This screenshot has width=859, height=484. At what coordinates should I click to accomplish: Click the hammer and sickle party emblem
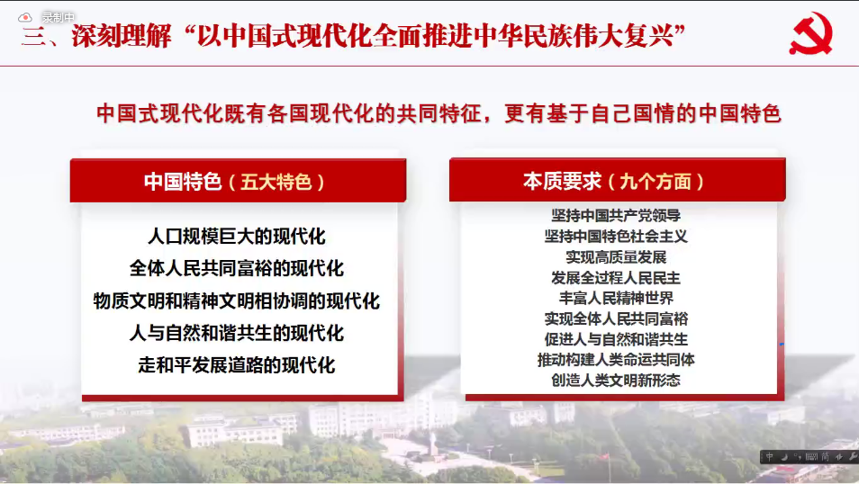point(810,34)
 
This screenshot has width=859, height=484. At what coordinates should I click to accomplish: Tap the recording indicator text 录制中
point(58,17)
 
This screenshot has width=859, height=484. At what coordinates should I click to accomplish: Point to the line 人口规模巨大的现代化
point(237,237)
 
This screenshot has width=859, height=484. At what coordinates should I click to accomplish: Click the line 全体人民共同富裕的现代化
point(237,268)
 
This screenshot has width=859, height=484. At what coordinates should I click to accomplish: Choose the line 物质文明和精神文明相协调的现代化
point(237,300)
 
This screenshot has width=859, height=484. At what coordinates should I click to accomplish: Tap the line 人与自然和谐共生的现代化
point(237,333)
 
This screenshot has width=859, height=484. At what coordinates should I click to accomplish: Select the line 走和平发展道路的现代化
point(237,365)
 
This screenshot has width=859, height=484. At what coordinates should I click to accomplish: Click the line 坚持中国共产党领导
point(616,215)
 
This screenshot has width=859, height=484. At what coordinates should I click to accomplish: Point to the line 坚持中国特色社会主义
point(616,236)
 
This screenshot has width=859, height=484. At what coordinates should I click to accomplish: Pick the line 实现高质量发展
point(616,256)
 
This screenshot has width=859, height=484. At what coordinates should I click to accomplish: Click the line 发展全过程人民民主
point(616,278)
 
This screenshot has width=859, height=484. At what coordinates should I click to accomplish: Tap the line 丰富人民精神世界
point(616,298)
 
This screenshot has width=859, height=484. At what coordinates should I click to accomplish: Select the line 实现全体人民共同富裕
point(616,318)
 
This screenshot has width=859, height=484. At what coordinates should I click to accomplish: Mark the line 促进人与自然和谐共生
point(616,339)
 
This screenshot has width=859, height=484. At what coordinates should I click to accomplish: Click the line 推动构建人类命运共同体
point(616,360)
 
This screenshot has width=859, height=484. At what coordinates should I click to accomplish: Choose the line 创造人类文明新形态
point(616,380)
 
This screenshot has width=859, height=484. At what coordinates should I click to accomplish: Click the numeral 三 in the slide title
point(33,37)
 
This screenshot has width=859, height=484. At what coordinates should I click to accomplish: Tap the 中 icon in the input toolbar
point(770,457)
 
